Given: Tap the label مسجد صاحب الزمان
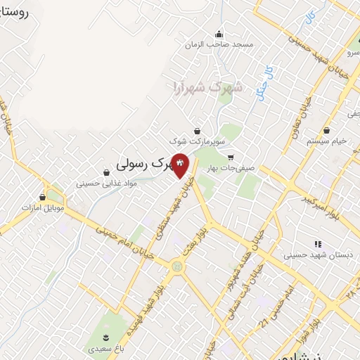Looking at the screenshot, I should point(218,44).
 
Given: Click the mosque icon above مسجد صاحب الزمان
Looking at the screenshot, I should point(219,34).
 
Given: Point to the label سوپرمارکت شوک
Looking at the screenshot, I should point(202,141).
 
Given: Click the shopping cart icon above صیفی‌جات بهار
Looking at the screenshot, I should point(230,157).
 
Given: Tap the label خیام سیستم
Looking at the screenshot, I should point(327,141).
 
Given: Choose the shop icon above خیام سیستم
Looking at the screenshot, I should point(327,130).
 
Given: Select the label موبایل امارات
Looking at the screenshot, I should point(43,208).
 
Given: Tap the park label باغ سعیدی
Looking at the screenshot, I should point(105,348).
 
